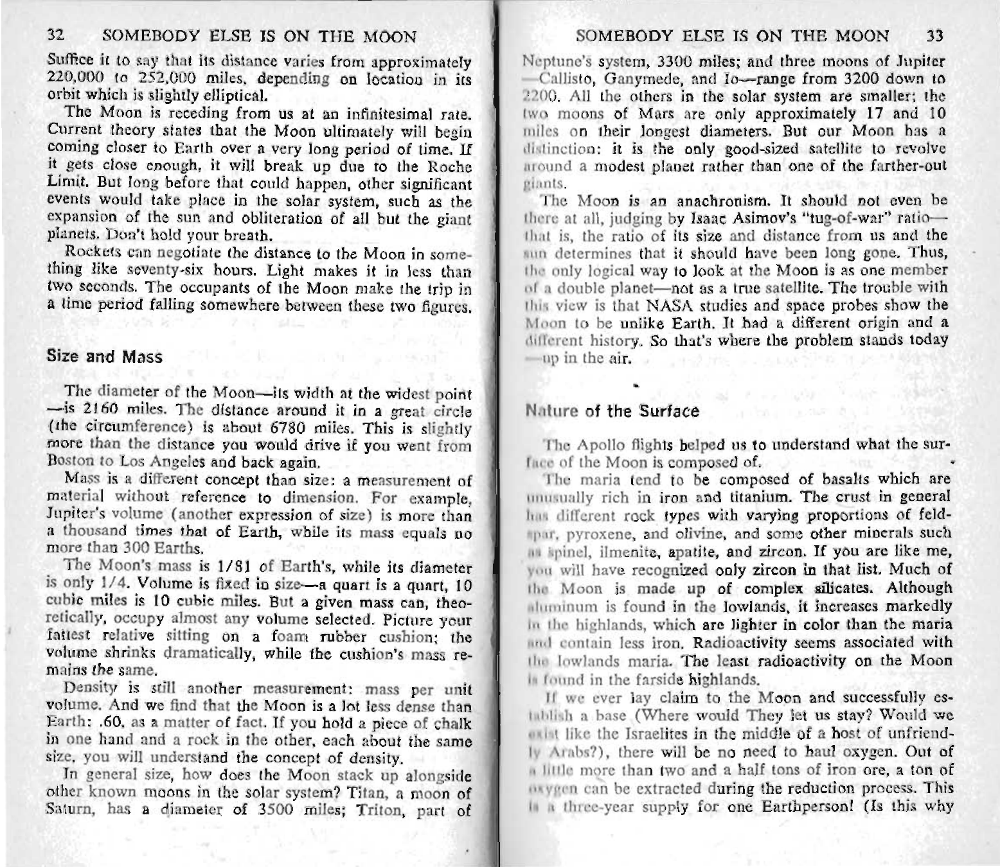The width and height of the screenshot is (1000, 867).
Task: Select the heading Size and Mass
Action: coord(105,356)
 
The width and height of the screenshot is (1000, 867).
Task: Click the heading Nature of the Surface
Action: coord(612,410)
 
